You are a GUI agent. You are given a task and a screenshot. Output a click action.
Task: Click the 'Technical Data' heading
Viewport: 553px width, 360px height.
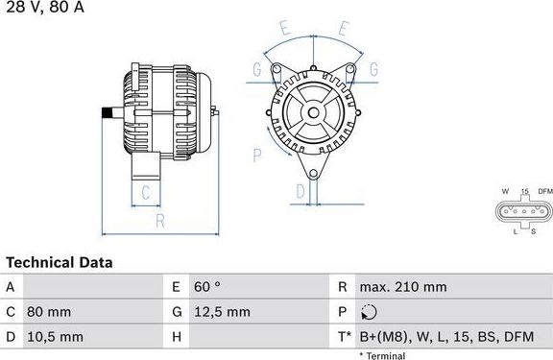pyautogui.click(x=60, y=262)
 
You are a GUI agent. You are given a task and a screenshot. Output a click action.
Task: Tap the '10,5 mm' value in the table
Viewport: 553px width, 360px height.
pyautogui.click(x=56, y=337)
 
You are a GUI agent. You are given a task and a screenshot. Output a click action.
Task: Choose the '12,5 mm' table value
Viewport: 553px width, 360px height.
pyautogui.click(x=224, y=312)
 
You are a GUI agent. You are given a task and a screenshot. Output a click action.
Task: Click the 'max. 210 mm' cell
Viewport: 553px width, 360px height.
pyautogui.click(x=402, y=287)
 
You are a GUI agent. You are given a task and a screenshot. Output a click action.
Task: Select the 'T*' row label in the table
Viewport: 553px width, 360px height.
pyautogui.click(x=344, y=337)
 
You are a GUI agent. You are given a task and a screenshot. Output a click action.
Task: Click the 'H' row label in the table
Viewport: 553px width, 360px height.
pyautogui.click(x=177, y=337)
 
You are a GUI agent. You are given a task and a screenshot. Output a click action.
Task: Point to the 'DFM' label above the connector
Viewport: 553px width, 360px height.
pyautogui.click(x=544, y=192)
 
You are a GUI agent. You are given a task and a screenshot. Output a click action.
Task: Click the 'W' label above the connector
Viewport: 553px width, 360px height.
pyautogui.click(x=504, y=192)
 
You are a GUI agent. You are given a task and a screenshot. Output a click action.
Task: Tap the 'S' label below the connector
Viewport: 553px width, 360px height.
pyautogui.click(x=534, y=231)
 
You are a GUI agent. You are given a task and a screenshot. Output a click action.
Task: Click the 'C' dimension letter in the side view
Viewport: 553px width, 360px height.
pyautogui.click(x=144, y=192)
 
